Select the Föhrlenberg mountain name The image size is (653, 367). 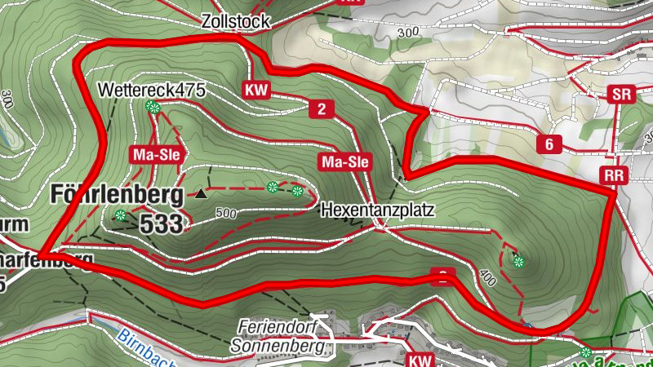coord(116,194)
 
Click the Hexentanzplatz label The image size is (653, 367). coord(377,210)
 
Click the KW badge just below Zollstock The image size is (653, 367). coord(255,90)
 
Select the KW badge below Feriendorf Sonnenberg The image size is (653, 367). coord(420,360)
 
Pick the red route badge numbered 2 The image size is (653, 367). coord(322,109)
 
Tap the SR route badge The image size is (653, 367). coord(622,95)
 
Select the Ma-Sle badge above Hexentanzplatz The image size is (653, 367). coord(344,162)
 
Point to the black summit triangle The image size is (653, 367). coord(201,193)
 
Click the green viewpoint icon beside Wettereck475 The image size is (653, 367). coord(151,106)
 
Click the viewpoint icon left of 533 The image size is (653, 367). coord(121,215)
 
